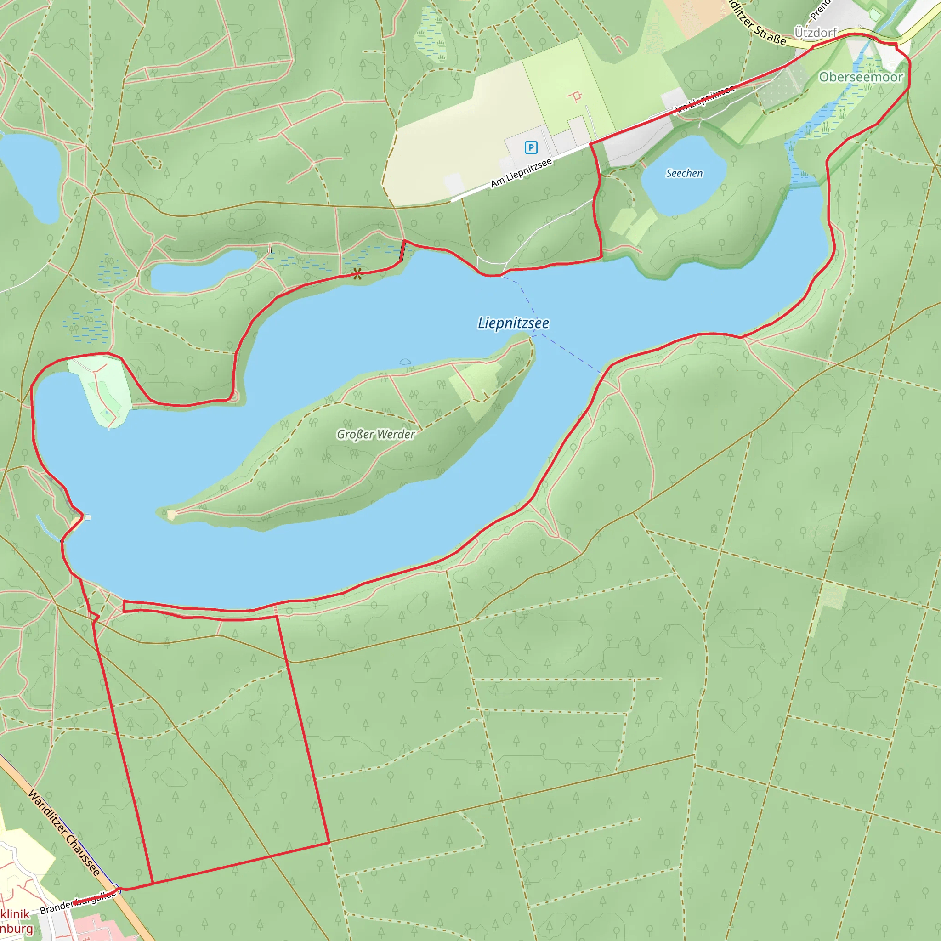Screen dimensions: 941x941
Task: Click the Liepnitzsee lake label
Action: tap(513, 323)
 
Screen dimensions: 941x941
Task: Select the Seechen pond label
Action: tap(684, 173)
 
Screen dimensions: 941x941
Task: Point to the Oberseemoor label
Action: tap(861, 77)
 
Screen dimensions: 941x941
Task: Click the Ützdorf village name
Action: tap(816, 33)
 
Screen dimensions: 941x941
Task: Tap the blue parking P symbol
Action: tap(531, 147)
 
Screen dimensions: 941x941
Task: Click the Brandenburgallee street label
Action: tap(78, 902)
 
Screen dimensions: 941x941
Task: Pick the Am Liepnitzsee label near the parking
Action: tap(521, 173)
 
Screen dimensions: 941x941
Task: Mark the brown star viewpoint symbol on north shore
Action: tap(357, 274)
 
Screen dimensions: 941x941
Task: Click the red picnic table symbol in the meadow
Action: tap(575, 96)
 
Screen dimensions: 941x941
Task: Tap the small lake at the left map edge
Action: tap(30, 176)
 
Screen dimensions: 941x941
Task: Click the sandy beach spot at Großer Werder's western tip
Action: tap(171, 515)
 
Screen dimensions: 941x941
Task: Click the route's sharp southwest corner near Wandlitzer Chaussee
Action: tap(153, 883)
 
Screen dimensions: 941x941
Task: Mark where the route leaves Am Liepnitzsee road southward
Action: tap(591, 144)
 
